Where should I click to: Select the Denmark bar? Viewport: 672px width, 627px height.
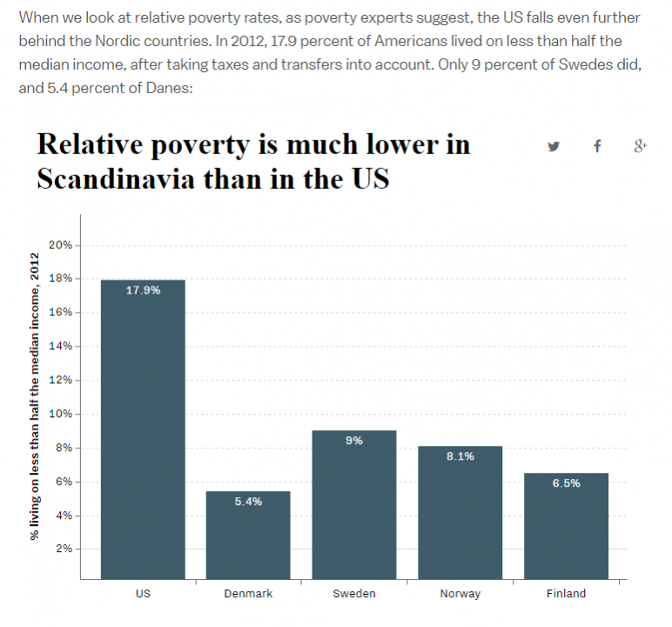click(x=248, y=535)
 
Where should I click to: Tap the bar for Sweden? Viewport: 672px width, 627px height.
click(x=354, y=504)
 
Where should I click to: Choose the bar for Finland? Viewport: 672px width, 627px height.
click(x=566, y=526)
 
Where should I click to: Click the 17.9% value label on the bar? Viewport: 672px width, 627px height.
click(x=143, y=291)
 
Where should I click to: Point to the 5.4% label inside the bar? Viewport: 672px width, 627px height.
click(x=248, y=502)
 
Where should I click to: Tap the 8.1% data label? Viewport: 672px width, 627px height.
click(x=460, y=456)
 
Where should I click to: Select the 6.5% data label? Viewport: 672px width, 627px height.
click(x=566, y=483)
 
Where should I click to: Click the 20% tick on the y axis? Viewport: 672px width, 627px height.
click(x=60, y=245)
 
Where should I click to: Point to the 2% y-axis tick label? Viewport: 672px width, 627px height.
click(x=63, y=549)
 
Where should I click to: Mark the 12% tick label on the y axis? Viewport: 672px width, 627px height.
click(x=60, y=380)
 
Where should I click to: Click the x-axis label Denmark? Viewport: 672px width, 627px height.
click(x=248, y=594)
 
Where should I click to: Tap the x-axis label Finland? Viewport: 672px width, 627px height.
click(x=566, y=594)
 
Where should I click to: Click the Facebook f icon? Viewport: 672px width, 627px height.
click(x=597, y=146)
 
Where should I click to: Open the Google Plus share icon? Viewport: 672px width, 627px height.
click(x=640, y=146)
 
